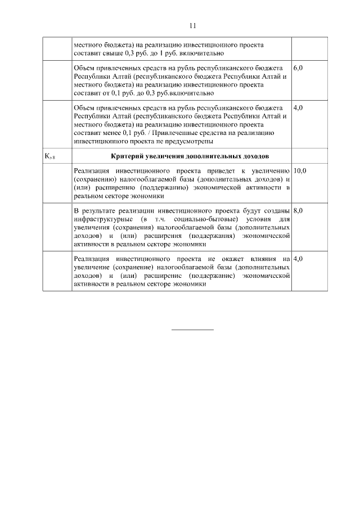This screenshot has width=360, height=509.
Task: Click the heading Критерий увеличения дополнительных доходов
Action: [x=181, y=155]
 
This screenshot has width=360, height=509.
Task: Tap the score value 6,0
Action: [x=298, y=67]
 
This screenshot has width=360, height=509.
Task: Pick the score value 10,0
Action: [x=300, y=170]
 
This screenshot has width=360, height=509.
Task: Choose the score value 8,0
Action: [x=298, y=210]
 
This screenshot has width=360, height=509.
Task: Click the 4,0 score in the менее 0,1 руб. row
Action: [x=298, y=107]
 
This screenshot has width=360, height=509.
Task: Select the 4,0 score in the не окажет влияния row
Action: [x=298, y=258]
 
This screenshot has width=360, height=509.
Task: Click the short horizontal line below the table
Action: [x=192, y=329]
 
